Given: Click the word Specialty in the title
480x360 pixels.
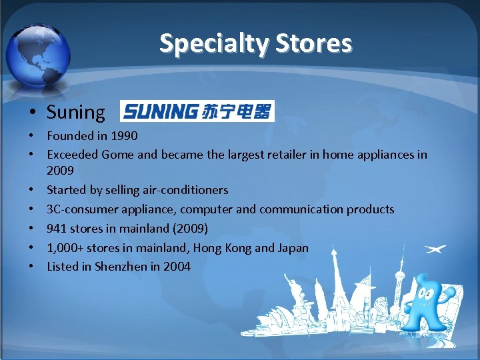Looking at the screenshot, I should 204,43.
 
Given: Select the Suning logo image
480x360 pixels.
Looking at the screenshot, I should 197,111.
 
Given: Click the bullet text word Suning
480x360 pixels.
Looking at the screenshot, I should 75,112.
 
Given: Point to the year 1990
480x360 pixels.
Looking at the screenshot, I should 124,136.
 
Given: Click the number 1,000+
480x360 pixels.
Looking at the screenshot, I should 64,248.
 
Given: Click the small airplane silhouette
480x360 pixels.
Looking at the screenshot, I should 436,249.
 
